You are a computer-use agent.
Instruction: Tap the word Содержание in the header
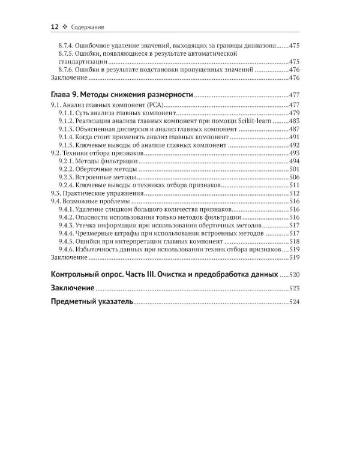coord(89,27)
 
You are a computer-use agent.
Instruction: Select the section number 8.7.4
coord(68,45)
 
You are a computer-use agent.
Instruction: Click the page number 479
coord(295,113)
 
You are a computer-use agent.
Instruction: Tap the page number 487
coord(295,130)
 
